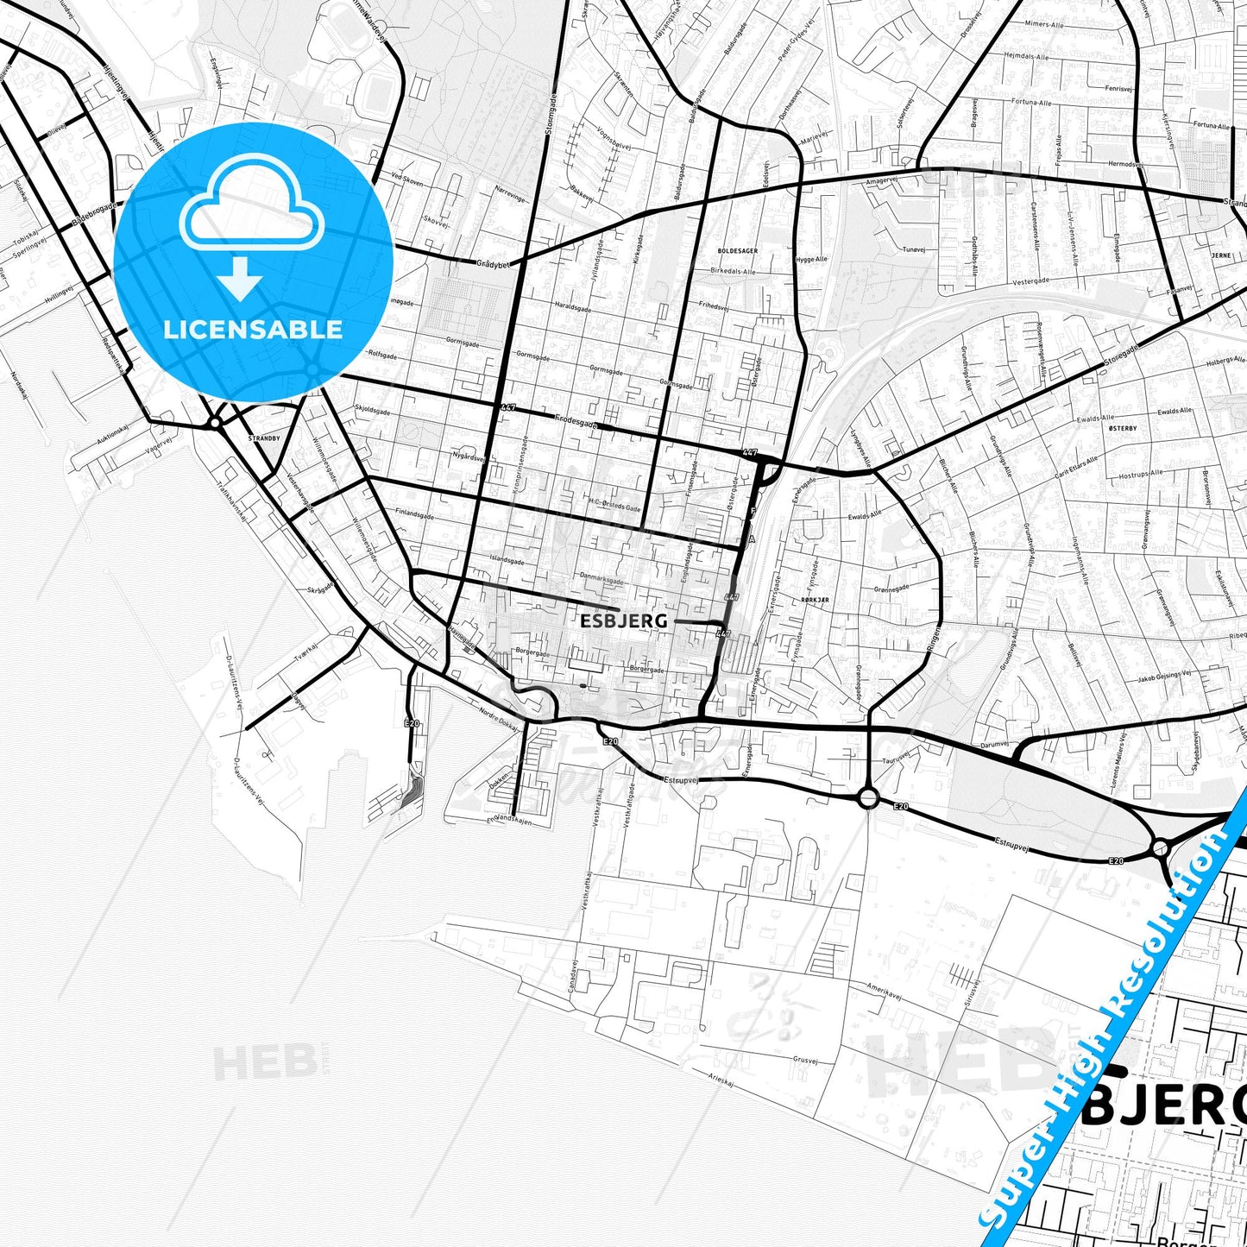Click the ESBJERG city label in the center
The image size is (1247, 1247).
coord(623,620)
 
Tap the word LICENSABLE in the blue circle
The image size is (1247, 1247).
coord(253,329)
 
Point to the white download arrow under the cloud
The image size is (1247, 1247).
coord(241,278)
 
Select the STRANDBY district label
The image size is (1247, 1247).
coord(264,438)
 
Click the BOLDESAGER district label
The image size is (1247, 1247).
coord(737,250)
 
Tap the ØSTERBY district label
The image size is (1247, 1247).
coord(1122,428)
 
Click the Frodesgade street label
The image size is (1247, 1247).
coord(576,423)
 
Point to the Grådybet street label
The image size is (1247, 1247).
coord(493,263)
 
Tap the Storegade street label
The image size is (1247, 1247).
coord(1120,356)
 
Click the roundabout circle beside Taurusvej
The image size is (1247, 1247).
coord(869,797)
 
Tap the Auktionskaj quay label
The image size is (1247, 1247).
coord(113,438)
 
